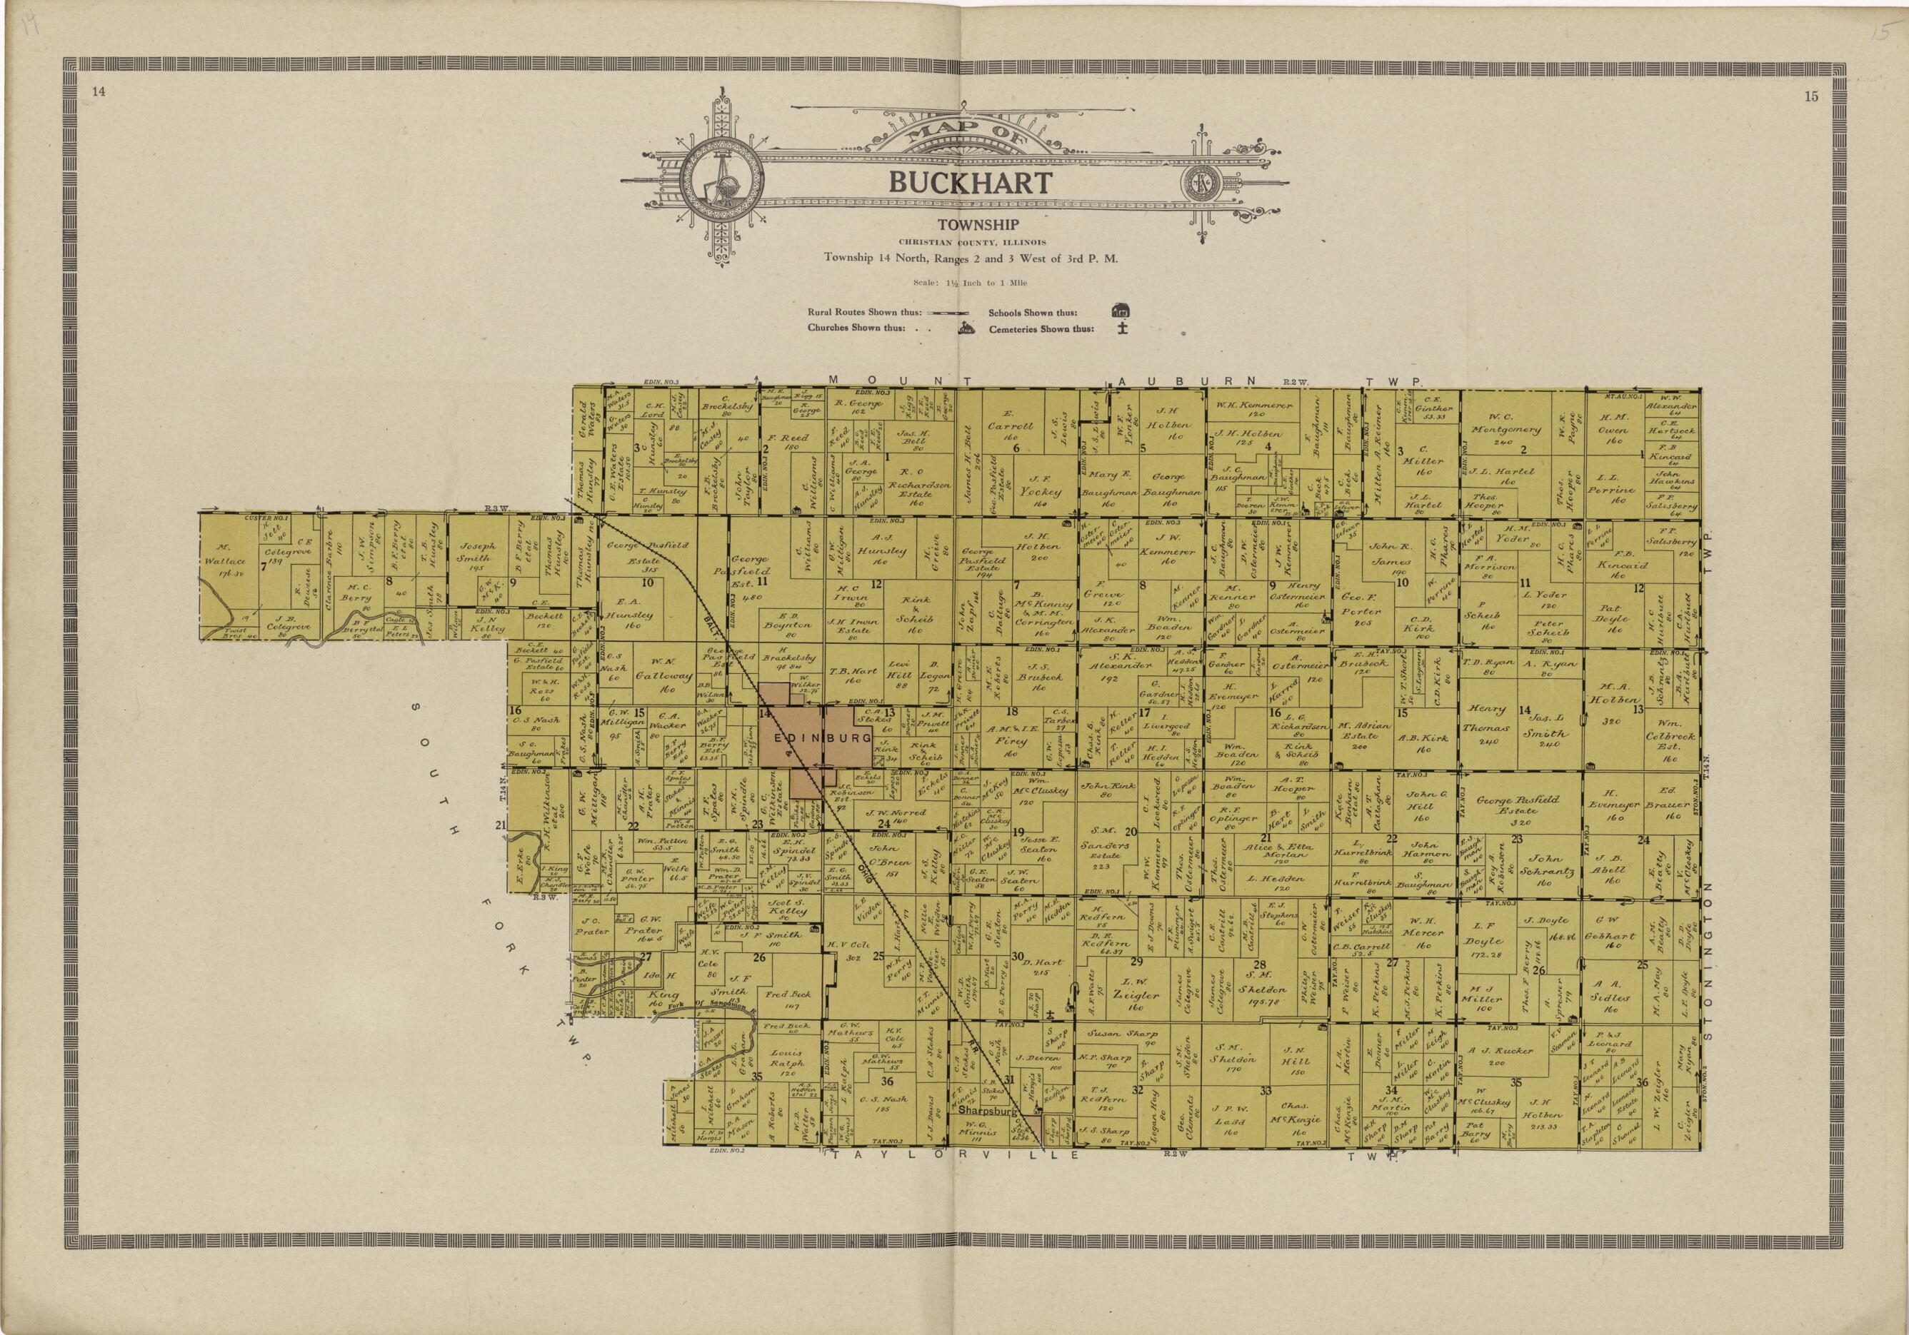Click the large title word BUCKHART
pos(971,183)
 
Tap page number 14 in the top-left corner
pos(98,92)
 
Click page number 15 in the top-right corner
pos(1811,96)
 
